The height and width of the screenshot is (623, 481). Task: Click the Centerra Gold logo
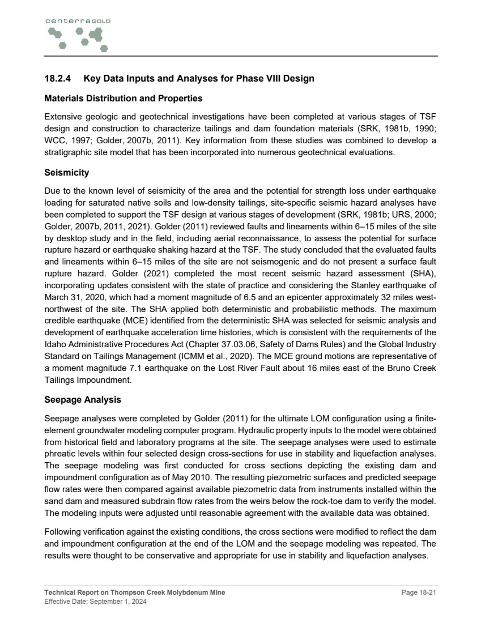pos(77,35)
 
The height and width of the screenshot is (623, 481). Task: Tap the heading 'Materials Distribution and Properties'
pos(124,99)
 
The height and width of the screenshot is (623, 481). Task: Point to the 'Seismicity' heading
pos(67,172)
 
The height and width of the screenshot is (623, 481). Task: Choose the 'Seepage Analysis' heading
pos(83,400)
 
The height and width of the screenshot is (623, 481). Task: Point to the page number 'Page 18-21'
pos(419,592)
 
